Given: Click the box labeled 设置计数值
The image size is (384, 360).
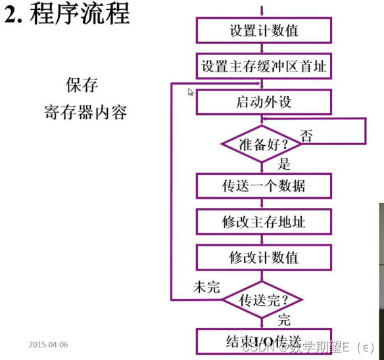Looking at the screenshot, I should click(263, 30).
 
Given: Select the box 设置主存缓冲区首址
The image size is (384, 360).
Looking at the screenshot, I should click(263, 66).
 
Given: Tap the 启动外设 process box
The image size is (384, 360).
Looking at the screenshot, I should click(263, 102).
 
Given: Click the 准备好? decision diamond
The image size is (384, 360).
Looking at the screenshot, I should click(262, 143).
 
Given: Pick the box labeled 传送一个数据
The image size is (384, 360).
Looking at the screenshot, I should click(263, 185).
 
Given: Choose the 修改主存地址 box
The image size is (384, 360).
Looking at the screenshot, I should click(263, 221).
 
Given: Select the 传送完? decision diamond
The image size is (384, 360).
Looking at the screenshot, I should click(262, 301).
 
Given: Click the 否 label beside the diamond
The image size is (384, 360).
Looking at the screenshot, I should click(306, 135).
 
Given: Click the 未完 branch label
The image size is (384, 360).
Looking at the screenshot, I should click(206, 287).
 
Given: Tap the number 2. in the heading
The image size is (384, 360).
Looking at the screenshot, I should click(14, 14).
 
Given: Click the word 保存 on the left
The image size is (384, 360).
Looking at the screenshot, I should click(82, 85).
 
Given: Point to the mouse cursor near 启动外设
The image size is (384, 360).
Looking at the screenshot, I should click(191, 92).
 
